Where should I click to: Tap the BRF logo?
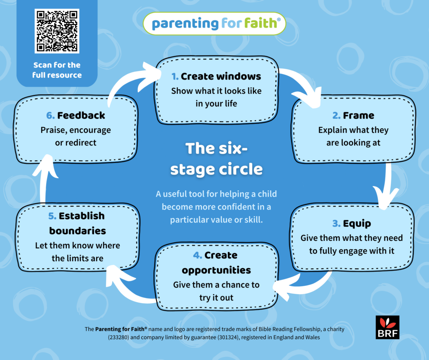point(388,327)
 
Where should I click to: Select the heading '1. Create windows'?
point(216,76)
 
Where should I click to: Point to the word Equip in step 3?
point(357,223)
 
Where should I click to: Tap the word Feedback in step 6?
point(81,115)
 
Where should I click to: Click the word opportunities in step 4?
point(216,269)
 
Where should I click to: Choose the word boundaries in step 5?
point(78,231)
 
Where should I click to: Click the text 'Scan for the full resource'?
point(57,70)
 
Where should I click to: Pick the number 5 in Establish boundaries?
point(52,216)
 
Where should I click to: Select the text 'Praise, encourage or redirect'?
point(76,136)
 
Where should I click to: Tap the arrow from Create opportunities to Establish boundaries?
point(130,289)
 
